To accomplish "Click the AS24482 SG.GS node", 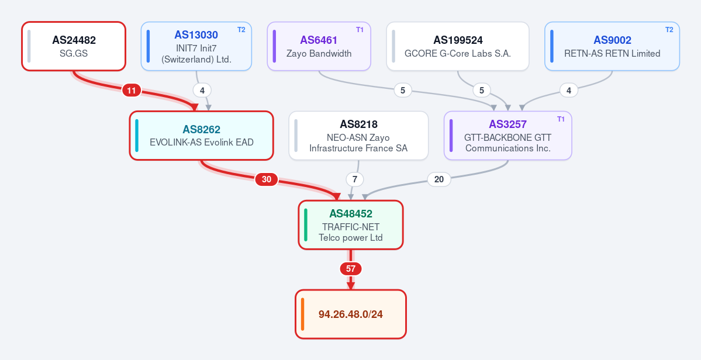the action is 74,46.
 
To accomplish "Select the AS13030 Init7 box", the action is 196,46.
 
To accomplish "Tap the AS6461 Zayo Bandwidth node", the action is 319,46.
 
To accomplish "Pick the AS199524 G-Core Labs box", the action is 458,46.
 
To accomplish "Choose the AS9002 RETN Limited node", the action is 612,46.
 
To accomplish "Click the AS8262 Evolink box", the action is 202,136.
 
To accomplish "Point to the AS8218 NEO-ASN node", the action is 358,136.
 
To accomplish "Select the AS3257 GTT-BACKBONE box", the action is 508,136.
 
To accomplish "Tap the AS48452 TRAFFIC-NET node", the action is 351,224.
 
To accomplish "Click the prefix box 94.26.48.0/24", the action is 351,314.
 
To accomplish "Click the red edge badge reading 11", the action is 132,91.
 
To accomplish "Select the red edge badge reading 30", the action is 267,179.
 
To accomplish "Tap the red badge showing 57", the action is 351,269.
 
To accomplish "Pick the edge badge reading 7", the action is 355,179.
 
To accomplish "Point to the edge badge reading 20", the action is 439,179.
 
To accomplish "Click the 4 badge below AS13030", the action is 202,91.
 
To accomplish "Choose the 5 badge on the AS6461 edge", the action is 403,91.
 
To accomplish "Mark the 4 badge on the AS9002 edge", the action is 569,91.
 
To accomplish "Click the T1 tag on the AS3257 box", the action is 561,119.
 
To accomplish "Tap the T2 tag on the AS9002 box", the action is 669,29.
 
